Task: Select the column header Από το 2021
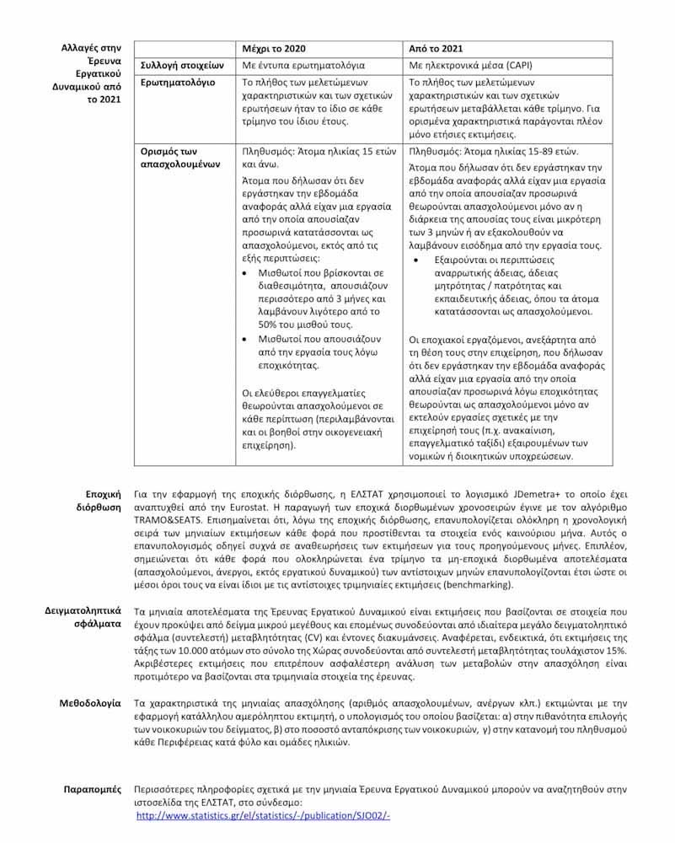(x=436, y=48)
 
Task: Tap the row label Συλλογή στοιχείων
(x=180, y=64)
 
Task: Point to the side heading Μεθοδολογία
(x=90, y=701)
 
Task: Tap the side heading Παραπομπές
(x=93, y=789)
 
